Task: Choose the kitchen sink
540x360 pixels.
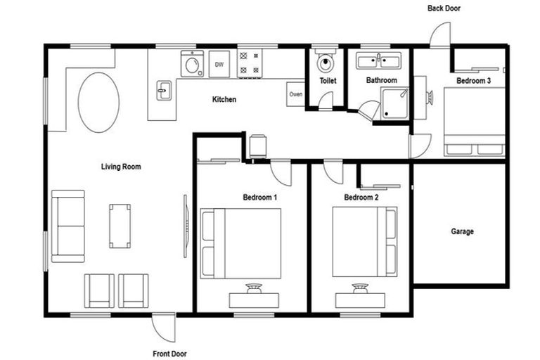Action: (x=162, y=90)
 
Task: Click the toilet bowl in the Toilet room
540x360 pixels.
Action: (x=326, y=63)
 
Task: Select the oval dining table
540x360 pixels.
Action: (x=97, y=102)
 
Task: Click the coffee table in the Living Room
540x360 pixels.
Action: (x=120, y=225)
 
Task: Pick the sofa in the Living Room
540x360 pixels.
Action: (x=68, y=226)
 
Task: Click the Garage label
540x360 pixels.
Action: (x=462, y=231)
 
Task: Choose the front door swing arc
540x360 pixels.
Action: (x=162, y=326)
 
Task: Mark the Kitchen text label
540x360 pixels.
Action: (x=224, y=100)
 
